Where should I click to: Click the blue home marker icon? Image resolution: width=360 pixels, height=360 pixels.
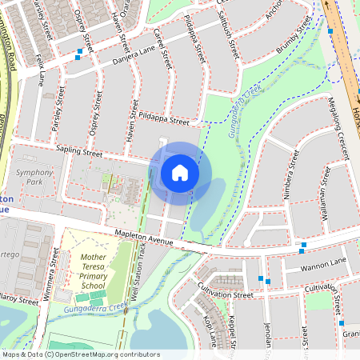[x=180, y=173]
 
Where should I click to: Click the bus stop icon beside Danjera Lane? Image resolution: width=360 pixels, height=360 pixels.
[x=78, y=55]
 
